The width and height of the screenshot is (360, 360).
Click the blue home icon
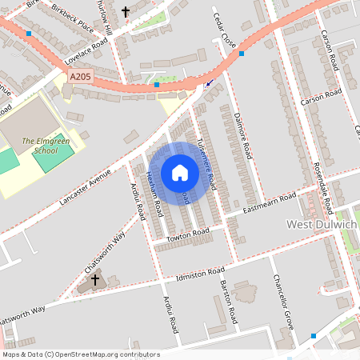(180, 172)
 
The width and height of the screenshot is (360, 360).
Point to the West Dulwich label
(322, 225)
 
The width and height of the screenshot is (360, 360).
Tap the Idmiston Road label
(200, 275)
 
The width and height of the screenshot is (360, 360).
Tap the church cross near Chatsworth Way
(95, 280)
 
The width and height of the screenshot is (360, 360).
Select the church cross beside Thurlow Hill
(126, 12)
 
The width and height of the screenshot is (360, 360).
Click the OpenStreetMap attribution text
(81, 354)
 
